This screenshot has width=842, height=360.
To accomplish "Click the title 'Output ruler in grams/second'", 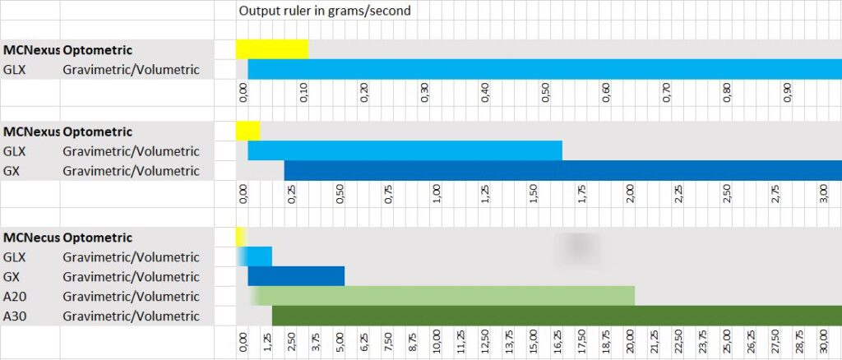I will (324, 11).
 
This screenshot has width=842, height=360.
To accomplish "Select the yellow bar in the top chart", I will (272, 49).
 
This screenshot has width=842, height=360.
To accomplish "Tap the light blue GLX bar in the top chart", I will (543, 69).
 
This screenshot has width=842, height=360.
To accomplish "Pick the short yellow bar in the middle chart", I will (248, 131).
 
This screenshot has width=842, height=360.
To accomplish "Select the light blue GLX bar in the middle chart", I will (405, 151).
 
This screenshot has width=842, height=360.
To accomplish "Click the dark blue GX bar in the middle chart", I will (562, 171).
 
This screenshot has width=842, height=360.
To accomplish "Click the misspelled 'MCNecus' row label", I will (31, 237).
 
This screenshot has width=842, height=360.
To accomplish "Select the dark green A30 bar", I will (556, 316).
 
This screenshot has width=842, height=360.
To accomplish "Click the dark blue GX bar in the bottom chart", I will (296, 276).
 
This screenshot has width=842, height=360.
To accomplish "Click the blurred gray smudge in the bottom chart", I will (576, 247).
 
